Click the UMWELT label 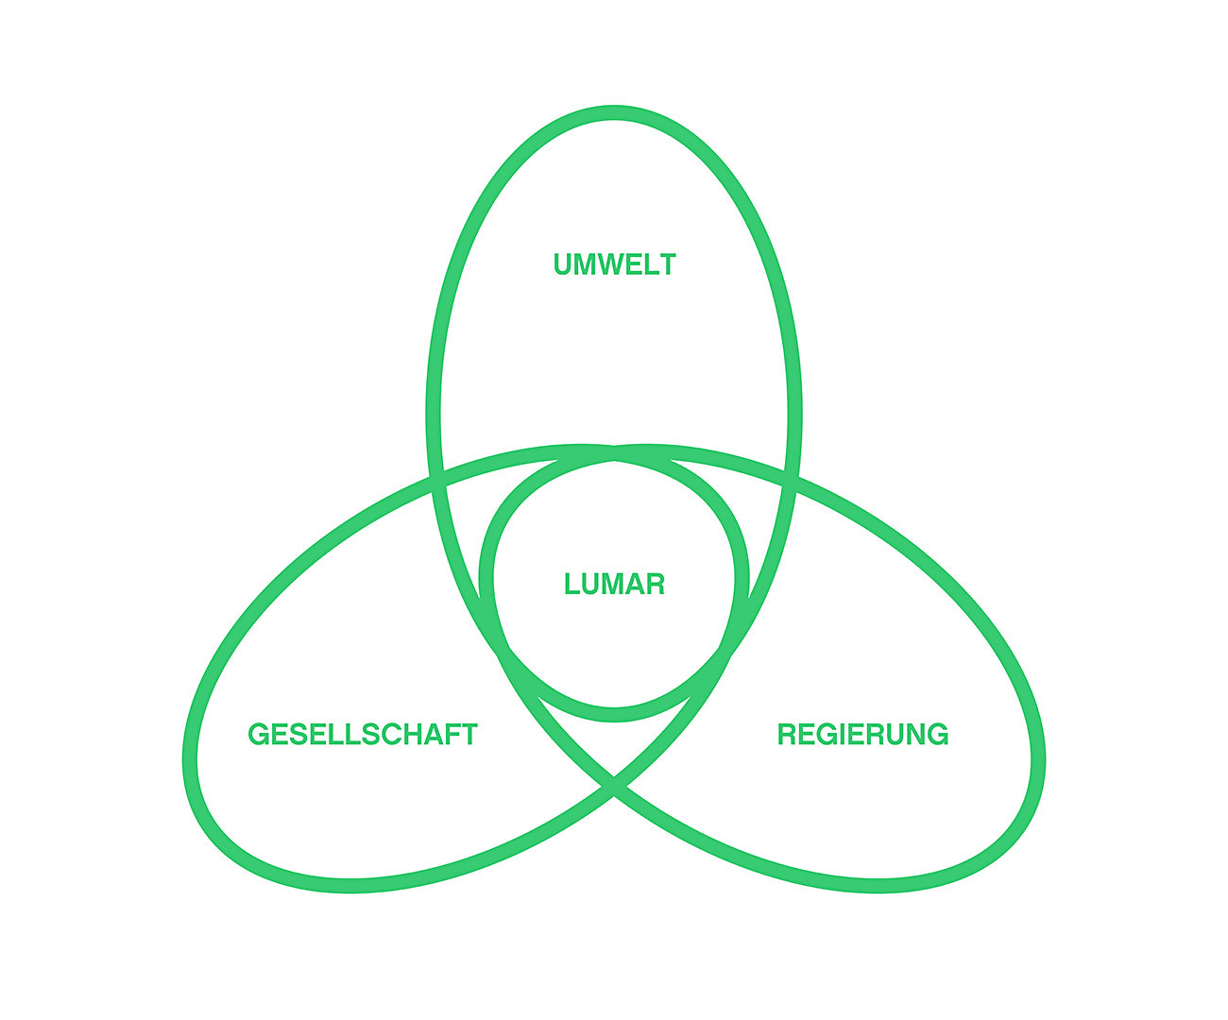(x=614, y=264)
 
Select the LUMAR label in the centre (x=614, y=585)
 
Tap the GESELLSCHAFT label (x=363, y=735)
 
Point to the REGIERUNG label (x=862, y=735)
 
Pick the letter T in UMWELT (x=669, y=264)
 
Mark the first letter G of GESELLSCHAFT (x=258, y=735)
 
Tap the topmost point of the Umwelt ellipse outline (x=614, y=112)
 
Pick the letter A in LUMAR (x=635, y=585)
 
